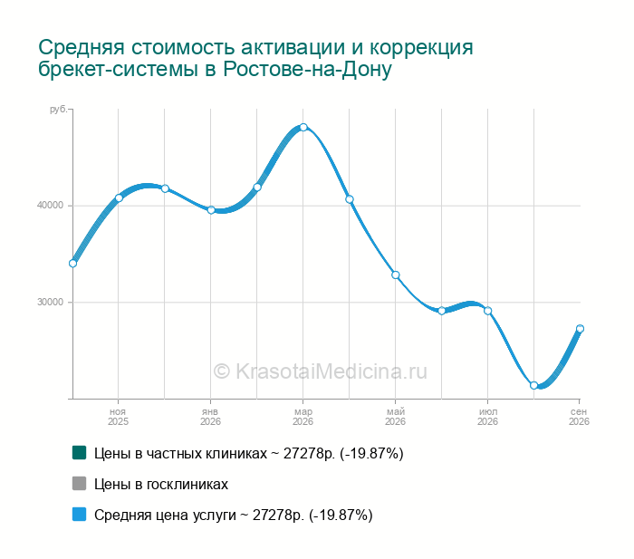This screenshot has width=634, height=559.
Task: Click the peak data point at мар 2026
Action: coord(303,128)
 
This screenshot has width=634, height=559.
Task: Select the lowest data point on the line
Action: coord(533,385)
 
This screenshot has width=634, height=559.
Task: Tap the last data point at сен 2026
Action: coord(580,329)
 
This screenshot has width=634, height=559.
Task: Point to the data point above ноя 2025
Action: coord(119,198)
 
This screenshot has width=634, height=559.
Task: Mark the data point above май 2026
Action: coord(396,275)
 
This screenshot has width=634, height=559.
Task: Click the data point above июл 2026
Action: coord(487,311)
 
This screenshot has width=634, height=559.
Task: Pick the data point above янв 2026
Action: coord(211,210)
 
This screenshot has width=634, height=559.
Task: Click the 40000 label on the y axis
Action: coord(51,206)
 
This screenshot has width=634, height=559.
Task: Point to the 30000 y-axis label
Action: coord(51,303)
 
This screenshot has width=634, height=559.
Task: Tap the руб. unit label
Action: coord(58,110)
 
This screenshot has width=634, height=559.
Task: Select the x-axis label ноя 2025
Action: coord(118,417)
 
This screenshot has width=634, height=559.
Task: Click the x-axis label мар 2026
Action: coord(303,417)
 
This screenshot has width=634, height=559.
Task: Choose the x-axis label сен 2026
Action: coord(579,417)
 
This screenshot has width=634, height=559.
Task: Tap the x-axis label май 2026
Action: coord(395,417)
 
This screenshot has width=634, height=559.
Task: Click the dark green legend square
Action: coord(80,453)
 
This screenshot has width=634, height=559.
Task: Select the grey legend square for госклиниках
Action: coord(80,484)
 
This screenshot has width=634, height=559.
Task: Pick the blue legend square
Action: coord(80,514)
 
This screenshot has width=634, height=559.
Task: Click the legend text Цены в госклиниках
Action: coord(161,484)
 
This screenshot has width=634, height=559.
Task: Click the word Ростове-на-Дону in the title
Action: coord(307,69)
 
